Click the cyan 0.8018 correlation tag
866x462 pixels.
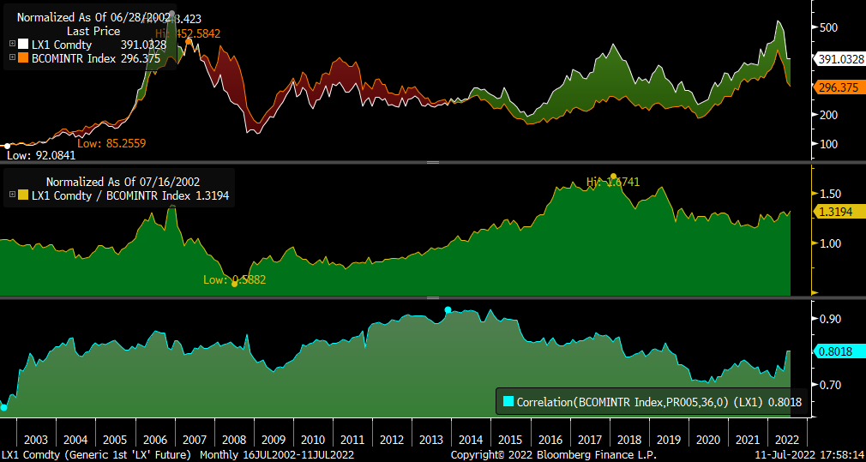837,351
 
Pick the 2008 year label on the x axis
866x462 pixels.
233,440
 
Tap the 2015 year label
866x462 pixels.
511,440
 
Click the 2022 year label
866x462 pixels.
787,440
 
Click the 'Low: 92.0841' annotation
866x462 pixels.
41,155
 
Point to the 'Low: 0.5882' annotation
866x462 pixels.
234,279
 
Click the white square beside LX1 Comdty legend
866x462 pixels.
24,45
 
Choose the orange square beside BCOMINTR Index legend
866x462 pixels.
24,58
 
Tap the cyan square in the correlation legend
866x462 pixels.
508,401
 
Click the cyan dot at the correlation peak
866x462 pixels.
448,309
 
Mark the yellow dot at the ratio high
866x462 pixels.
613,176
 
